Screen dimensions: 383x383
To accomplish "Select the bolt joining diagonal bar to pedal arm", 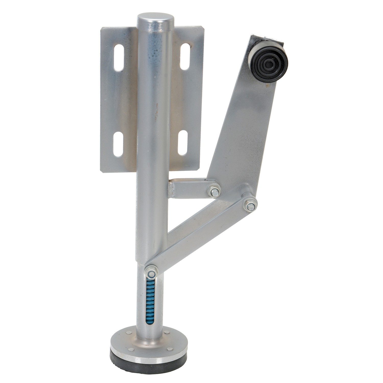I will (250, 204).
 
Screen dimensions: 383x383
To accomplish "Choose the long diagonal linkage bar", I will (199, 237).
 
